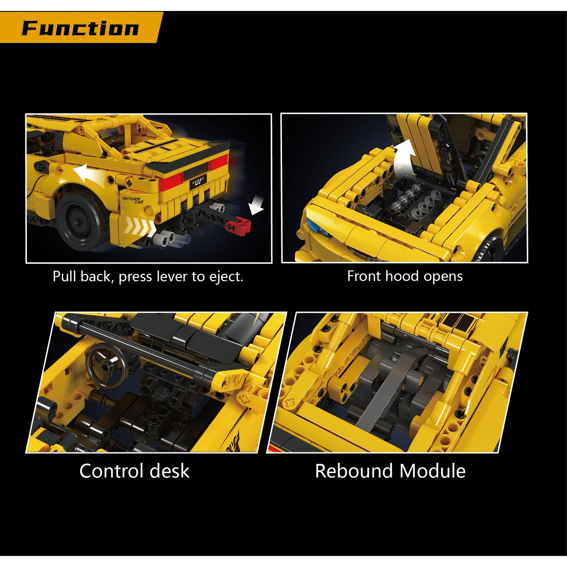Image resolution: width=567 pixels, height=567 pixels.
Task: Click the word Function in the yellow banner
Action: coord(80,28)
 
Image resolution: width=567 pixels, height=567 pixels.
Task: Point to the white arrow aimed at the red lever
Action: coord(256,206)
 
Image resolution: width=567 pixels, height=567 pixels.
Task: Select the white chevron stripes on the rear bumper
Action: coord(140,227)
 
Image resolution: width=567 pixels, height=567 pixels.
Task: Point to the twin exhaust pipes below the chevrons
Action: coord(164,238)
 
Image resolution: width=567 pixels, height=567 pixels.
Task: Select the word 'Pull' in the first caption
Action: coord(64,277)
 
